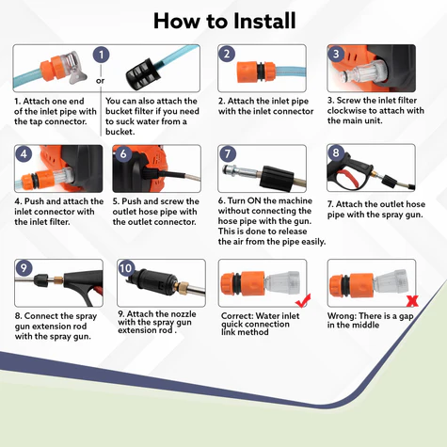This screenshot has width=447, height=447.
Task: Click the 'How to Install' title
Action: (225, 21)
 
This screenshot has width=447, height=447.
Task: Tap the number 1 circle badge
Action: (101, 55)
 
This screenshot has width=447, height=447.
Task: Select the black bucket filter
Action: (140, 73)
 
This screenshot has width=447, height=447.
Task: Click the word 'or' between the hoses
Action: (101, 81)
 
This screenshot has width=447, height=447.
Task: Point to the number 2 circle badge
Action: (227, 54)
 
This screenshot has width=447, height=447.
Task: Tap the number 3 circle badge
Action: (336, 54)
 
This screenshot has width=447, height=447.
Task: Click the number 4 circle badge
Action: (24, 154)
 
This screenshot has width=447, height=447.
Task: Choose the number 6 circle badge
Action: (123, 154)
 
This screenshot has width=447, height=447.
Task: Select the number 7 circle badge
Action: (228, 154)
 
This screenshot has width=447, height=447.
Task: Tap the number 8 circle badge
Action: (336, 152)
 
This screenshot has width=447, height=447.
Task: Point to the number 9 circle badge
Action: (24, 268)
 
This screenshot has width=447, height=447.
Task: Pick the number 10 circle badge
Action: (126, 268)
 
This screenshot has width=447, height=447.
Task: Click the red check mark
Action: (303, 301)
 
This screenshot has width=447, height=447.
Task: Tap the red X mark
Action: (412, 301)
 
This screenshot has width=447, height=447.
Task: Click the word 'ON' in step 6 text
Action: (254, 200)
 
